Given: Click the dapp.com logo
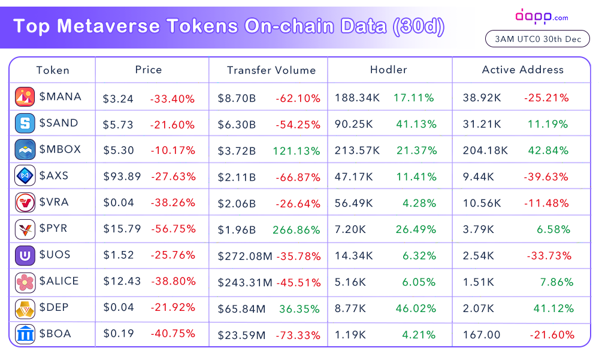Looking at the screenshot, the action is coord(541,16).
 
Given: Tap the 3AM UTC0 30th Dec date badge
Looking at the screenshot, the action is coord(537,38).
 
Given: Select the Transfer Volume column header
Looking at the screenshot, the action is coord(271,70).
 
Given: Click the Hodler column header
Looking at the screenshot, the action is coord(389,69).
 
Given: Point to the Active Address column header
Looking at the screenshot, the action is coord(522,69).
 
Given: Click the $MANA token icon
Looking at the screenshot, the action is coord(25,96).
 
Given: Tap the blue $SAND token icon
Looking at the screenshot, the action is coord(25,123).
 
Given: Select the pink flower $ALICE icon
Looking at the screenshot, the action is coord(25,282).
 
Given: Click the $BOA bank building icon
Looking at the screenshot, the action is coord(25,334).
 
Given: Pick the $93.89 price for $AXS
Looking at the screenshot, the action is coord(122,176).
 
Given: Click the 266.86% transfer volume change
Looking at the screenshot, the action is coord(296,229).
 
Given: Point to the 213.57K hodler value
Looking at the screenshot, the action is coord(357,150).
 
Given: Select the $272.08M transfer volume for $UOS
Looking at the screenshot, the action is coord(245,256).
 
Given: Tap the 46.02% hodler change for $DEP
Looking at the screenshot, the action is coord(416,308).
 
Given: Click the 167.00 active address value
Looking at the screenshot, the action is coord(482,335).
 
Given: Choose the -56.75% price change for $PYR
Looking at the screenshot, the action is coord(174,229).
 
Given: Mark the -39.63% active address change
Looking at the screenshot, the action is coord(546,177).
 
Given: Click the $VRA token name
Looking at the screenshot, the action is coord(54,202).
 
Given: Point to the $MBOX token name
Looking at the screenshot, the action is coord(60,149).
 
